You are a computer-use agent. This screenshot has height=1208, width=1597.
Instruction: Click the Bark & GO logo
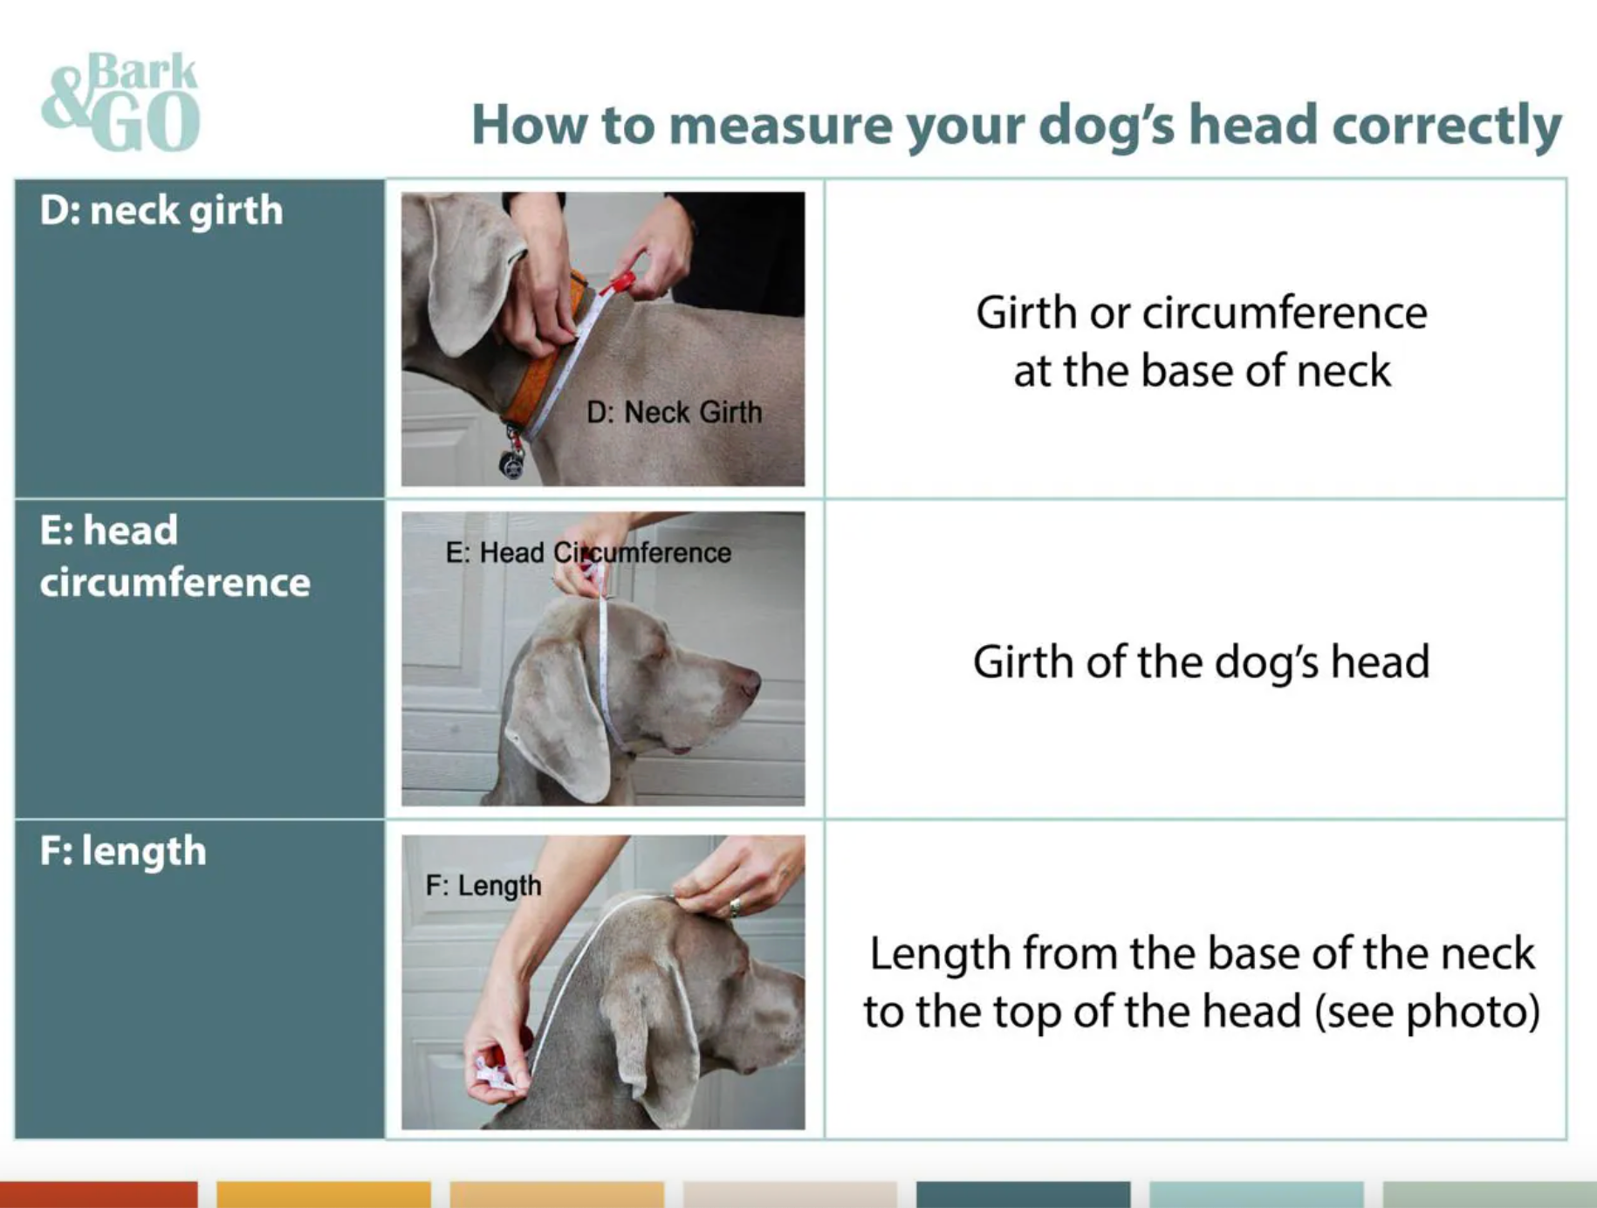coord(121,101)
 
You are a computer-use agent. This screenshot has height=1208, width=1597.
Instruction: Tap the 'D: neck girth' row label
coord(161,211)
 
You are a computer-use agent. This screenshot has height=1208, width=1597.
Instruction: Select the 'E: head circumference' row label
coord(175,556)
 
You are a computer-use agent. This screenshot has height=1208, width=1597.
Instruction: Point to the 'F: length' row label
coord(123,851)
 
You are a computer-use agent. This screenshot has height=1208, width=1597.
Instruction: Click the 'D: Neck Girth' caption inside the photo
coord(674,412)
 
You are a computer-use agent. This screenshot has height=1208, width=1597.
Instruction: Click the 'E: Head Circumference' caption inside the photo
coord(588,553)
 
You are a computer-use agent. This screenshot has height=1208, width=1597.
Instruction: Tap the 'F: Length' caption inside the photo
coord(483,885)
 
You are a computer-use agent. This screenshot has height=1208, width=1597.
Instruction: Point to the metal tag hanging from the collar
coord(512,463)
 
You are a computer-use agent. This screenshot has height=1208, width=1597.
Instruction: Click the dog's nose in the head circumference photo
coord(749,681)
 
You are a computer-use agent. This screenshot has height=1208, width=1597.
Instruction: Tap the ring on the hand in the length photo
coord(735,906)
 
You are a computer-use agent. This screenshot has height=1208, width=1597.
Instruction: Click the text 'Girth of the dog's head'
coord(1201,662)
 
